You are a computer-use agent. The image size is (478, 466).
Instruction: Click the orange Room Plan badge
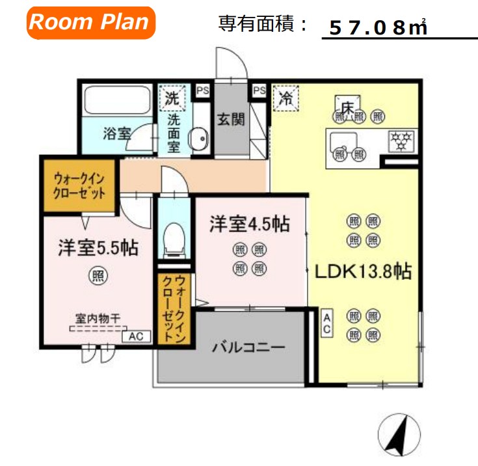tap(90, 22)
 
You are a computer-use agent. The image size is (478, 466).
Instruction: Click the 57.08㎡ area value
tap(378, 27)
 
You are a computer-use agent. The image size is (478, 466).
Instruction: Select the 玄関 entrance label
tap(230, 120)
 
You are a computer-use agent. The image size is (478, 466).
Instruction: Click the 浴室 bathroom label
tap(117, 134)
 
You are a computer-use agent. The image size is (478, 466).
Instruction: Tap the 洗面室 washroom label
tap(174, 133)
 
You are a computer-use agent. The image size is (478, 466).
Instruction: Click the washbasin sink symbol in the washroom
tap(198, 139)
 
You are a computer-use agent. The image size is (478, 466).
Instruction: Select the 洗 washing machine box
tap(172, 99)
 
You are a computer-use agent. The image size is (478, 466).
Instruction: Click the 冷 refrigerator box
tap(285, 99)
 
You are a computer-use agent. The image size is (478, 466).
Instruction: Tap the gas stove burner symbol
tap(401, 141)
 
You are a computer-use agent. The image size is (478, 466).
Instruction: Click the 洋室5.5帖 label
tap(98, 248)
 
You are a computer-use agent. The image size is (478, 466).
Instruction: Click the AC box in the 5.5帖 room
tap(137, 336)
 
